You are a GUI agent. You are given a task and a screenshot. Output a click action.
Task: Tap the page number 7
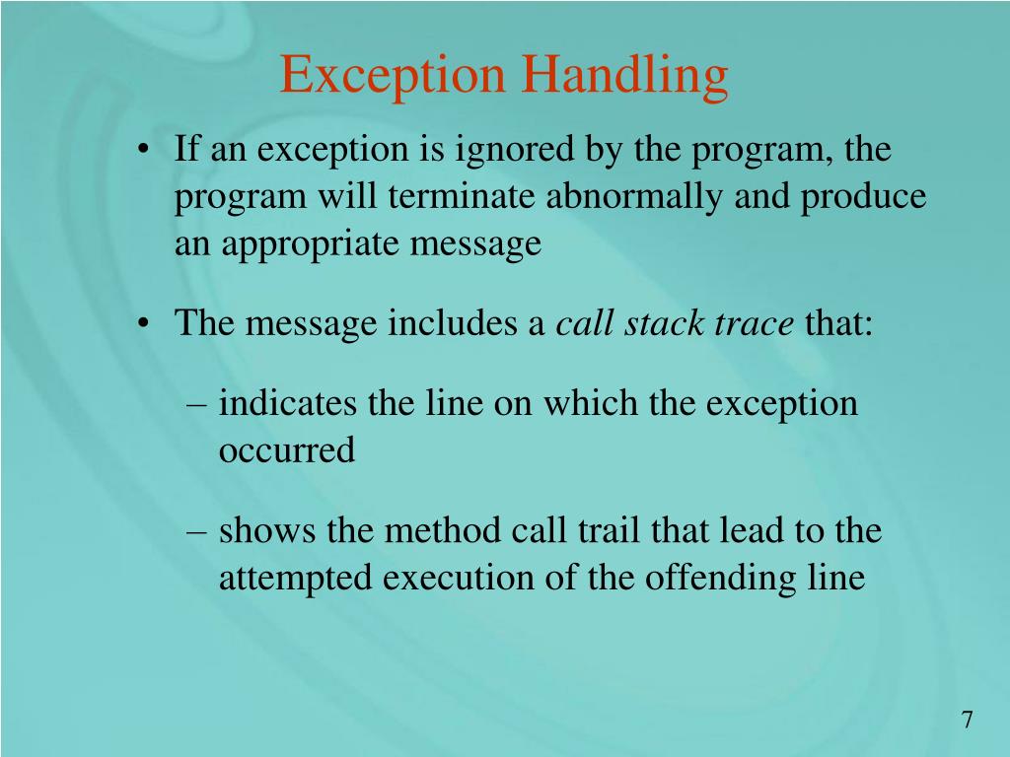pos(968,721)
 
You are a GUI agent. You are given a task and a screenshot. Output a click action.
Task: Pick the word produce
pos(862,197)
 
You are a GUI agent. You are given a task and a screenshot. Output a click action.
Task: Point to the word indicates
pos(289,404)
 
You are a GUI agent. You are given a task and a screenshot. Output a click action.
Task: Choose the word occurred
pos(286,451)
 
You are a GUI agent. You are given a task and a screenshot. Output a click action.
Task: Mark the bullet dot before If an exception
pos(146,152)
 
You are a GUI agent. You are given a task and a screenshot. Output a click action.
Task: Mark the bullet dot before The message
pos(146,323)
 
